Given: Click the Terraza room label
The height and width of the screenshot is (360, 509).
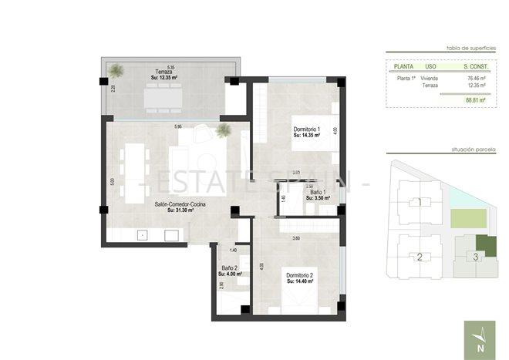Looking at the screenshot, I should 162,72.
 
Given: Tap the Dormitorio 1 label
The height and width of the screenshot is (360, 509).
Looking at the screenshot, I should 308,129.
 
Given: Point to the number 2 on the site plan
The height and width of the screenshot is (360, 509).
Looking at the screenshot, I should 420,257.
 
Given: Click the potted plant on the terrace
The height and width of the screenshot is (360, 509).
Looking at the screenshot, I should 116,72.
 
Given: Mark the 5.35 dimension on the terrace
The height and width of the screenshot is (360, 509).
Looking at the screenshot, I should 160,67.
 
